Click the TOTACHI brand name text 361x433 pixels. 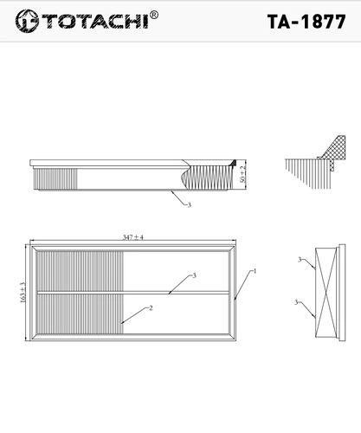point(95,21)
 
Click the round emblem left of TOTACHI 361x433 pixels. point(27,21)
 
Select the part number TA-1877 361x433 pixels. point(306,22)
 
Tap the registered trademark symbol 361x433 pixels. point(154,15)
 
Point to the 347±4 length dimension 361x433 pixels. point(133,237)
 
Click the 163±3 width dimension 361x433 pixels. point(23,293)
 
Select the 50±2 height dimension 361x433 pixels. point(243,174)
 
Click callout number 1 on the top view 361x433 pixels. point(255,271)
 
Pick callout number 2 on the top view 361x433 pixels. point(151,308)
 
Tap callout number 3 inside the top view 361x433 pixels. point(194,275)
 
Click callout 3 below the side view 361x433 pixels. point(190,205)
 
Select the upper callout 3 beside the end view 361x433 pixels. point(300,260)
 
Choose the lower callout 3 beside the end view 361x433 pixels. point(296,302)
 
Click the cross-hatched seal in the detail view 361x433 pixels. point(335,149)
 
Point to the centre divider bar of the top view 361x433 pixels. point(133,293)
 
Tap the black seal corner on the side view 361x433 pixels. point(233,163)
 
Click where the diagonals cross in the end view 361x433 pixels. point(326,293)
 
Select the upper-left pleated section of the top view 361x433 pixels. point(81,271)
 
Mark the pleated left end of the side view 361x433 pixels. point(55,179)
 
